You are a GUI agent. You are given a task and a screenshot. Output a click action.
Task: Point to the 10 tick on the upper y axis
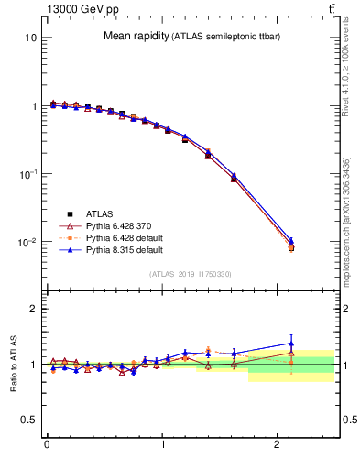[x=30, y=38]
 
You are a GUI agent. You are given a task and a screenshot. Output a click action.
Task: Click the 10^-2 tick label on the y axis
[x=27, y=243]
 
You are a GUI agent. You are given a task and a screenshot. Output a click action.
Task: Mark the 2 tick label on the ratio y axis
[x=33, y=309]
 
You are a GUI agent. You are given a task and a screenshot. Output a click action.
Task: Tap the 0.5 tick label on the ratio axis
[x=29, y=420]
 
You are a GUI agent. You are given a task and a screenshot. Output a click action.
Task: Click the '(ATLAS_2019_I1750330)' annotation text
[x=191, y=274]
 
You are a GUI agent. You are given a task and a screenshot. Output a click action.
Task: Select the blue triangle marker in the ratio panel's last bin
[x=291, y=344]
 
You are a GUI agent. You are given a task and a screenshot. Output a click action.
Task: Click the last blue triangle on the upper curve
[x=291, y=240]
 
